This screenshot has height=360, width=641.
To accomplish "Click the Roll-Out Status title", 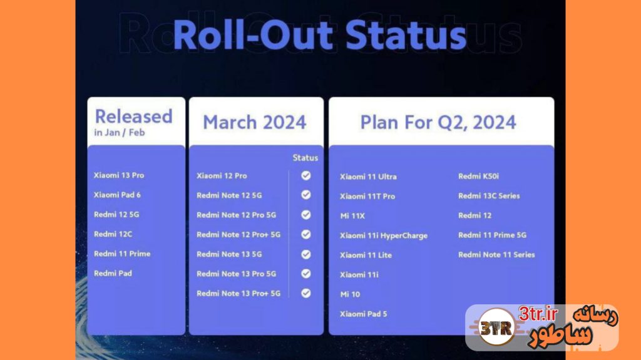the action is [x=320, y=35].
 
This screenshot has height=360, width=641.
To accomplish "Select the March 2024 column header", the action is [x=254, y=122].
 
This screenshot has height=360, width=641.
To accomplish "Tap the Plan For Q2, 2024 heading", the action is [x=438, y=122].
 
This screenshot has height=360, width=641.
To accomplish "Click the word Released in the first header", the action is [x=133, y=116].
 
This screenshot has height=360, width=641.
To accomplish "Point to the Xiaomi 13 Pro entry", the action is [x=118, y=175].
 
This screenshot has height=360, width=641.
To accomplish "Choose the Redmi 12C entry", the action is [x=113, y=234].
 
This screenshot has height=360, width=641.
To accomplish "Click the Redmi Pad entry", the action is [x=113, y=273].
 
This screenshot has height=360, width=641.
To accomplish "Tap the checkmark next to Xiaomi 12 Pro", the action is [x=305, y=175].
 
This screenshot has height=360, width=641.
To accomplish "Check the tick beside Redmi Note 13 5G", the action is [x=305, y=254].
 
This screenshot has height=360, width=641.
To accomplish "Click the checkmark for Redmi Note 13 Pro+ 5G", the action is [x=305, y=293].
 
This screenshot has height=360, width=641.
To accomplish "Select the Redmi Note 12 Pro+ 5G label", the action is [x=238, y=234].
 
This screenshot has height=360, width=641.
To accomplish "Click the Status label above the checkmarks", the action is [x=305, y=158].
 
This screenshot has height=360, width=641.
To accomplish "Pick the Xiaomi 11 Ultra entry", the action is [x=368, y=177].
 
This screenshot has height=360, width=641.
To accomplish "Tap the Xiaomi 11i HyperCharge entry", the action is [x=384, y=235].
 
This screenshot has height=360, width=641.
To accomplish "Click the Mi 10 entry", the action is [x=350, y=294].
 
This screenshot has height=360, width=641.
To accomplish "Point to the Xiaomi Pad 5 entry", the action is [x=364, y=314].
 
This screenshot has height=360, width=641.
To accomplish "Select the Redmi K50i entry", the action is [x=478, y=176].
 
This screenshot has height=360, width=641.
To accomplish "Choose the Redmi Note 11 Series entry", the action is [x=496, y=254].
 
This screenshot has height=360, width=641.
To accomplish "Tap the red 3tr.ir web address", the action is [x=538, y=314].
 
